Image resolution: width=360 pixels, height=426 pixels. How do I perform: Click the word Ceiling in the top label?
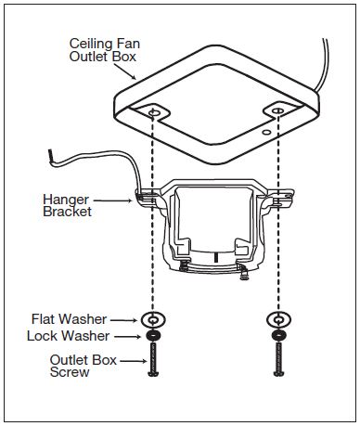(x=88, y=43)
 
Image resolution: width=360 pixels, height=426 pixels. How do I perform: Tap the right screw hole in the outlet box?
(x=276, y=112)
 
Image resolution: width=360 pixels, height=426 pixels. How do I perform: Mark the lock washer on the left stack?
(x=152, y=335)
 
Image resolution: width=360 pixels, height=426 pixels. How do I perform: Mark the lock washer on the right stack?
(x=276, y=335)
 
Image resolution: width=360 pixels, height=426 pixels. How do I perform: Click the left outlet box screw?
(x=152, y=360)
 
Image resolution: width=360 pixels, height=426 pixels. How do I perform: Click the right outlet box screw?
(x=276, y=360)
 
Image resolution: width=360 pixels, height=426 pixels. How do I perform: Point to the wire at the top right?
(x=328, y=65)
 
